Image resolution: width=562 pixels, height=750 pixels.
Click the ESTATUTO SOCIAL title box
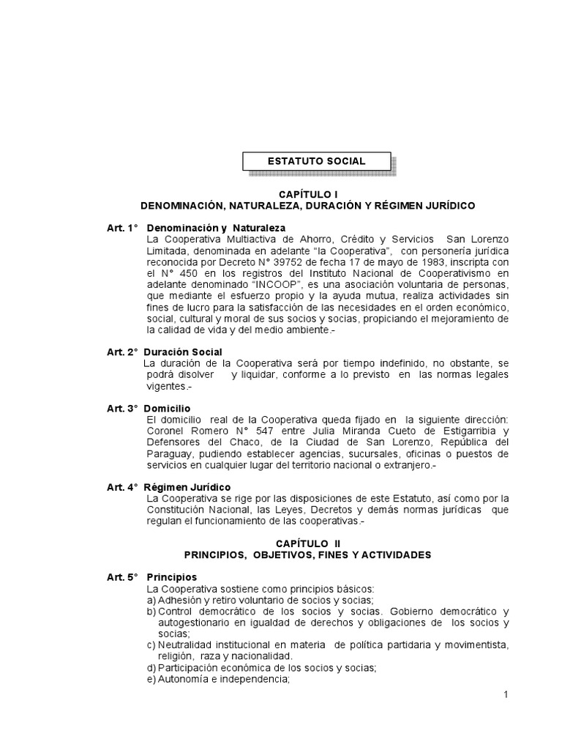coord(317,161)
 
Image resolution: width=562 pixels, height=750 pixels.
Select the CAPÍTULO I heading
coord(307,195)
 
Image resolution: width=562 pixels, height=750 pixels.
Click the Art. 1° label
coord(122,229)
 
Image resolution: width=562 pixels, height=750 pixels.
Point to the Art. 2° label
coord(122,352)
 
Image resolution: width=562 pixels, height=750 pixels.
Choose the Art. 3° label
coord(122,407)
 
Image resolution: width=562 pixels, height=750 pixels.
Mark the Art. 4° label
coord(122,487)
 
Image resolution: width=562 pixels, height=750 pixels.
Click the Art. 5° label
coord(122,577)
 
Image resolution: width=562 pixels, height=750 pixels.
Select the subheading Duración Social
coord(181,352)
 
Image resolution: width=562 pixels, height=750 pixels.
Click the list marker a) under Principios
coord(151,600)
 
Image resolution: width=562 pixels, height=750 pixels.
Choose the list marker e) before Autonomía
coord(151,679)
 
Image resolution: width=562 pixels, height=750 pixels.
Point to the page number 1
coord(505,695)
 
